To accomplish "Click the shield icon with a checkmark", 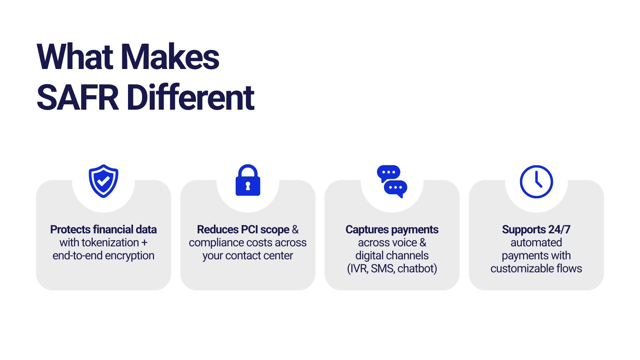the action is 103,181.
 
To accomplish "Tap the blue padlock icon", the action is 248,180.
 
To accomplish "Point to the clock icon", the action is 536,182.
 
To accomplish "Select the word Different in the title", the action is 191,97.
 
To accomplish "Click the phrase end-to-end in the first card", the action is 77,256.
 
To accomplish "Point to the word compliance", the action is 217,243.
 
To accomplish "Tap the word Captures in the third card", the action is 367,230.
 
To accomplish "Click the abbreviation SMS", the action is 383,269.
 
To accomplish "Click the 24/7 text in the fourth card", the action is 559,229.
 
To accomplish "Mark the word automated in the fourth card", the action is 536,242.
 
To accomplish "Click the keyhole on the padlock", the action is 248,186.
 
